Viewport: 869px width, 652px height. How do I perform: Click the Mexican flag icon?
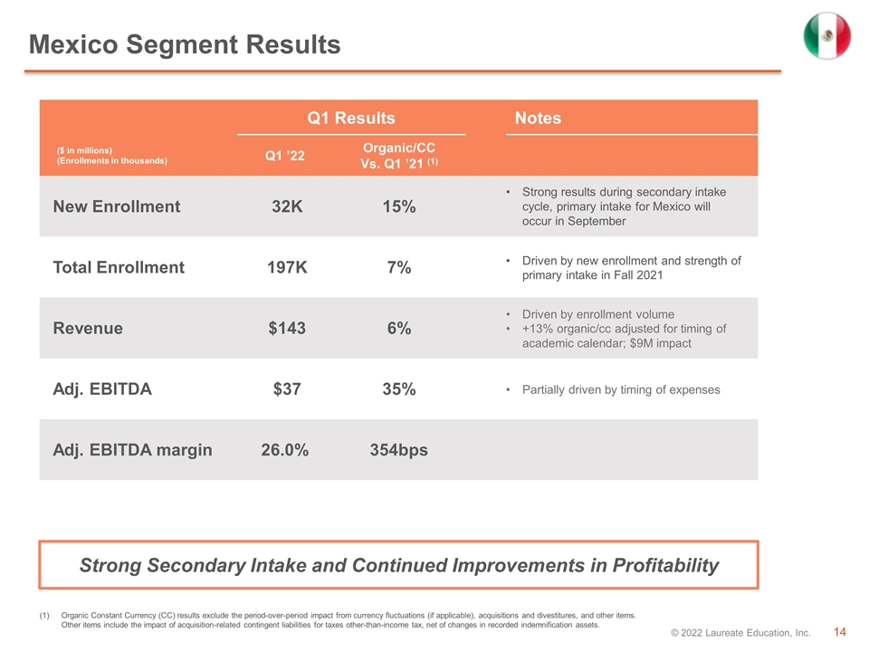click(826, 35)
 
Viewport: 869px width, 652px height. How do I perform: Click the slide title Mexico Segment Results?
click(185, 44)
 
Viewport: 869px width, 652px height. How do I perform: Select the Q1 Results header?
click(351, 118)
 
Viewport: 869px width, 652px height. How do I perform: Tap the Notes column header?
click(538, 118)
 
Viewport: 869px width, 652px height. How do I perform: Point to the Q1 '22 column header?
click(285, 156)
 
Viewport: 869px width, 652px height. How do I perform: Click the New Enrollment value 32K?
click(287, 206)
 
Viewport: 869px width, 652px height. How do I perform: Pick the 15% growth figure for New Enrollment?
click(399, 206)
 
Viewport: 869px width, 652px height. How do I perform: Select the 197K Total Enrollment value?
click(287, 267)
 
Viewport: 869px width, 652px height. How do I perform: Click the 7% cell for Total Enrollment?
click(399, 267)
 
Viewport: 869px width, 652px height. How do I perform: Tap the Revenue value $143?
click(287, 328)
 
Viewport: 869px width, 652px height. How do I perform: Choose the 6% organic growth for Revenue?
click(399, 328)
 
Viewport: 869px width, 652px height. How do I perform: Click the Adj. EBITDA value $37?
click(287, 389)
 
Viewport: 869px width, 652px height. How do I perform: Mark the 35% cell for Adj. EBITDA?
click(399, 389)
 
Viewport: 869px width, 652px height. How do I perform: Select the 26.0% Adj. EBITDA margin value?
click(285, 450)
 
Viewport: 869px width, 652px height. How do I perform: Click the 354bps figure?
click(399, 450)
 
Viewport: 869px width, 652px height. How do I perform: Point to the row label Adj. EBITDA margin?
click(132, 450)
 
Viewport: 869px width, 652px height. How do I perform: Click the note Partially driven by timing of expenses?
click(621, 389)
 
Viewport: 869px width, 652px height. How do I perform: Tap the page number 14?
click(840, 632)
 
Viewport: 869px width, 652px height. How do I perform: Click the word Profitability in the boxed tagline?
click(665, 565)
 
